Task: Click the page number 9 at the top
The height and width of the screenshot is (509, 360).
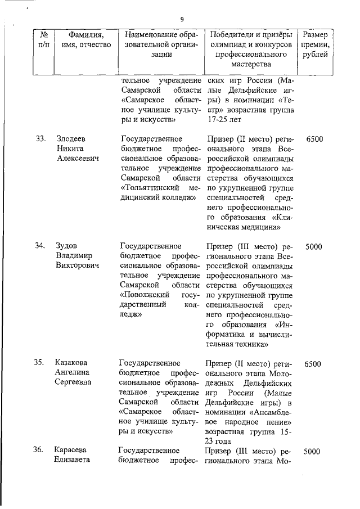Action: [x=182, y=20]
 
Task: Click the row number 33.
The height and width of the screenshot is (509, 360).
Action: [x=40, y=138]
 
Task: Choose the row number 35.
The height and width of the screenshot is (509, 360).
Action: [x=39, y=363]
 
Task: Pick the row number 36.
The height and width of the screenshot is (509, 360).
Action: [x=39, y=450]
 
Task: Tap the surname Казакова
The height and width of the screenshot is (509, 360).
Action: [x=72, y=363]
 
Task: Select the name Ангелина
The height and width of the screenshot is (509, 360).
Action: [x=74, y=373]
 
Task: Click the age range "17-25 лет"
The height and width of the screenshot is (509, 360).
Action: [x=224, y=119]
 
